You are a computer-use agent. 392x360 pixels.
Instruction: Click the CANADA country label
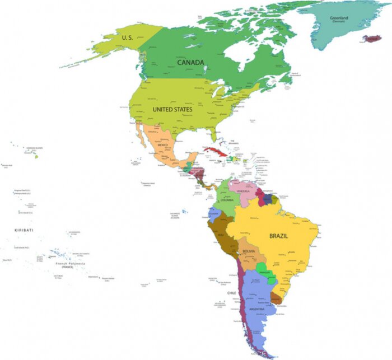point(190,62)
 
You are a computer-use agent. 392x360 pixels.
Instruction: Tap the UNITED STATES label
point(172,110)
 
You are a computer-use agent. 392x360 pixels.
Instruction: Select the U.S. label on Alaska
point(127,38)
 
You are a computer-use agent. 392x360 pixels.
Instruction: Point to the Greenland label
point(339,18)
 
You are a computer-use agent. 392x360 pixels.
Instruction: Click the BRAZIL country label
point(278,236)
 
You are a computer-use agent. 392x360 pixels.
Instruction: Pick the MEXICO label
point(162,146)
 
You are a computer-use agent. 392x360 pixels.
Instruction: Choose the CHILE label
point(232,293)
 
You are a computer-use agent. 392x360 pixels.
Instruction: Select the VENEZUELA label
point(244,191)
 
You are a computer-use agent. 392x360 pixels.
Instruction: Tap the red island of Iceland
point(371,39)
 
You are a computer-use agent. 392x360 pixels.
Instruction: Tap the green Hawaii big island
point(35,156)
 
